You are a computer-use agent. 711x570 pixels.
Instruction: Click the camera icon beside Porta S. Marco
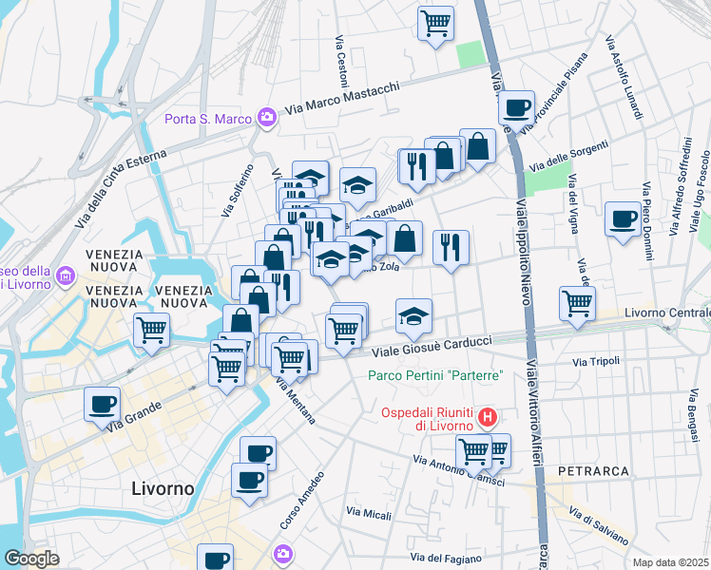[x=267, y=119]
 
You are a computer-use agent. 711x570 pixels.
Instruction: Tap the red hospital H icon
[x=488, y=416]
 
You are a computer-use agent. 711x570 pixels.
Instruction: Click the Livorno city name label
[x=162, y=488]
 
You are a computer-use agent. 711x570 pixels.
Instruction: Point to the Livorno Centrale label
[x=666, y=313]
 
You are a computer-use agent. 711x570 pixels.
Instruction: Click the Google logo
[x=31, y=558]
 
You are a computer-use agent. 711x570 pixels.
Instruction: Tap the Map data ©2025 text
[x=670, y=562]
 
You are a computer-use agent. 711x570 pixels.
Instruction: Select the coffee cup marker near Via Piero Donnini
[x=625, y=220]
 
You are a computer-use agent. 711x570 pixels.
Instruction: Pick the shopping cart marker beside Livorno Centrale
[x=578, y=305]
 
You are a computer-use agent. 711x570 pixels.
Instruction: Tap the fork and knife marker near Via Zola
[x=451, y=247]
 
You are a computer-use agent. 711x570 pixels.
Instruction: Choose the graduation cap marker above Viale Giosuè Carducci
[x=413, y=316]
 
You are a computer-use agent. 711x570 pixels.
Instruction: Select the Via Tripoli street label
[x=596, y=361]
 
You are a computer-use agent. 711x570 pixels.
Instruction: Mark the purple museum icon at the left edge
[x=66, y=276]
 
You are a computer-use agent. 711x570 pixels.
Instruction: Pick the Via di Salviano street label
[x=597, y=526]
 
